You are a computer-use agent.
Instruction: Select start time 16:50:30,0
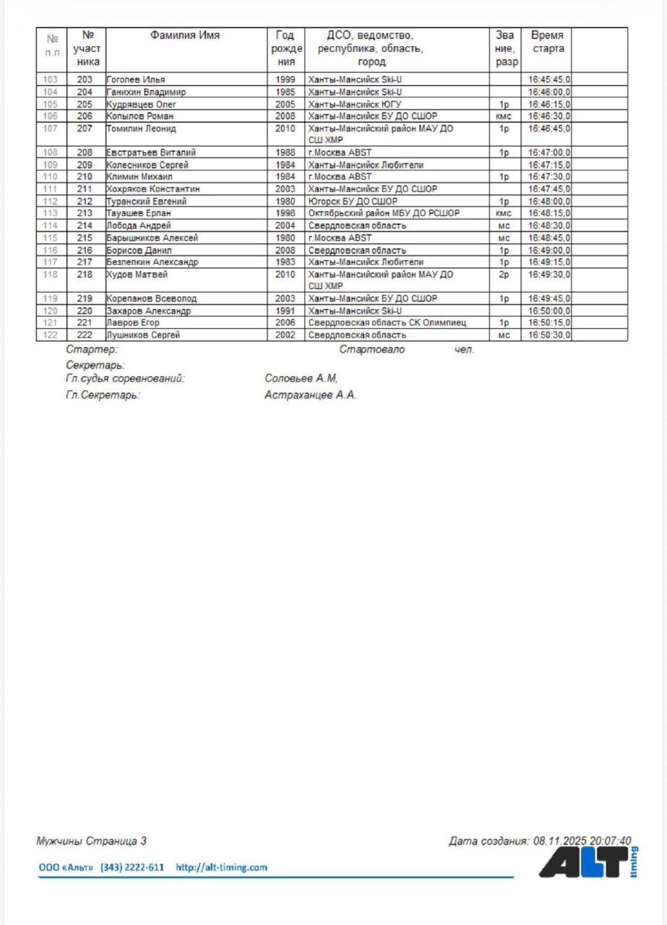coord(548,335)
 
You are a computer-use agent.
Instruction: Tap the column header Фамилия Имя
coord(185,35)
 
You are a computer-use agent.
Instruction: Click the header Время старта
coord(547,42)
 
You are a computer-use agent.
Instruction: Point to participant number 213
coord(85,213)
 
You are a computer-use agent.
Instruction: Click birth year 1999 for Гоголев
coord(285,79)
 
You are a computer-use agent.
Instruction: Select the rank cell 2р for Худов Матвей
coord(504,275)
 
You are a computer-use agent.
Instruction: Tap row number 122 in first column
coord(51,335)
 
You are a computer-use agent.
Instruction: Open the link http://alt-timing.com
coord(221,867)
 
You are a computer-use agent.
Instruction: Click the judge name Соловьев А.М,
coord(301,378)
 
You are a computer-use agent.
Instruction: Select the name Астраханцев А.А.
coord(311,395)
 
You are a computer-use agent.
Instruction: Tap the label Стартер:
coord(91,350)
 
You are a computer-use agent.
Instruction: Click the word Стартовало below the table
coord(372,350)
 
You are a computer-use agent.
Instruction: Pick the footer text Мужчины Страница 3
coord(92,841)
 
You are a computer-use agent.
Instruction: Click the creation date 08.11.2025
coord(560,841)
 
